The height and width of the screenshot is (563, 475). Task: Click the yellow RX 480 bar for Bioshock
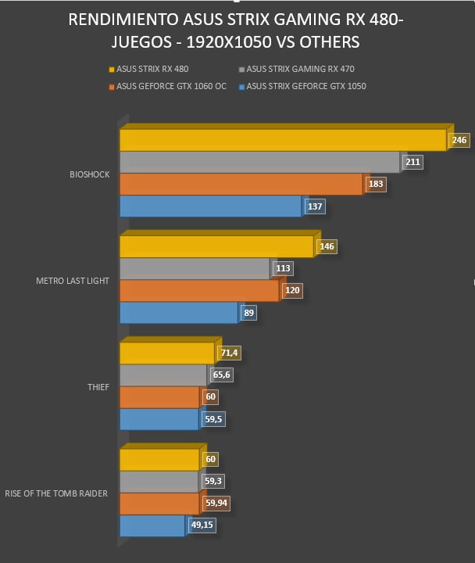coord(283,140)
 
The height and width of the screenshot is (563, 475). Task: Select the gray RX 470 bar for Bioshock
coord(259,163)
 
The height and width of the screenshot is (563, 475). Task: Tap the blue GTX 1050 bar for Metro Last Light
coord(179,313)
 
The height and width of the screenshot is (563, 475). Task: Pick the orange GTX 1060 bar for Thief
coord(159,397)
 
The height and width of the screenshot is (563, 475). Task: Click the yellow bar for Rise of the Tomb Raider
coord(159,460)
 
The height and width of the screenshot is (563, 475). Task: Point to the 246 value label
coord(459,140)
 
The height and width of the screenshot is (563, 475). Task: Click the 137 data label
coord(315,206)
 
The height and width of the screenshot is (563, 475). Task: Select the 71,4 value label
coord(229,353)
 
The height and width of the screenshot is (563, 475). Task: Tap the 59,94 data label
coord(216,503)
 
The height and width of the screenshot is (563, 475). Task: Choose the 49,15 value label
coord(202,525)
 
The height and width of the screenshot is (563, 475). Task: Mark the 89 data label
coord(249,313)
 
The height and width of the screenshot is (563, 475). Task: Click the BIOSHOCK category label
coord(90,174)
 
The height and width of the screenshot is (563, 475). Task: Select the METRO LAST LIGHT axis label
coord(73,281)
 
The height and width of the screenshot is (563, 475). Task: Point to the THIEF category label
coord(98,387)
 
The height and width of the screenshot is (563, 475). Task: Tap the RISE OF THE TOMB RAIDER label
coord(56,493)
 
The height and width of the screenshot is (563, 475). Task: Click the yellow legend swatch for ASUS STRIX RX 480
coord(112,70)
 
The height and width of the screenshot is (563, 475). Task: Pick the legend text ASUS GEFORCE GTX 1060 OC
coord(172,86)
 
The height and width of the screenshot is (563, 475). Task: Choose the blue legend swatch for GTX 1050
coord(242,87)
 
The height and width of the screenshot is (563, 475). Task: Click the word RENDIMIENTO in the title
coord(123,20)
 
